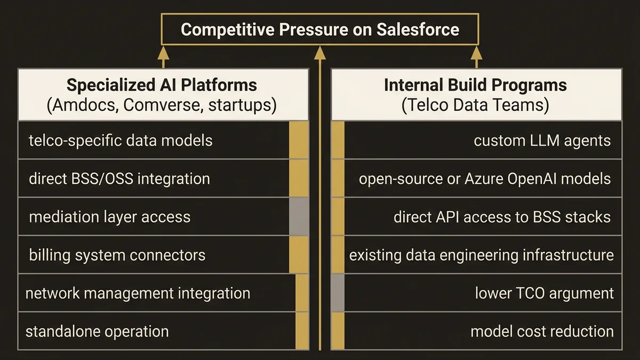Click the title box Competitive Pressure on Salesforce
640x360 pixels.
[x=319, y=29]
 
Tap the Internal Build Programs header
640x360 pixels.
[x=475, y=94]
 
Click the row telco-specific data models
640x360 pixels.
[x=121, y=140]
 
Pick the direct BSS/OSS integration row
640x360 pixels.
[x=119, y=178]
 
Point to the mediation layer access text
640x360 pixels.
[x=109, y=217]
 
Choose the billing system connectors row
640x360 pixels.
[x=117, y=255]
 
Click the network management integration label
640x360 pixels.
[x=138, y=293]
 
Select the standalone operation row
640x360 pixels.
[x=97, y=331]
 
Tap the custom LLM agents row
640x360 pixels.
[x=542, y=140]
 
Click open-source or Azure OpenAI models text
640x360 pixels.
[x=484, y=178]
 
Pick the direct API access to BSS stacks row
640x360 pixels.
[x=502, y=217]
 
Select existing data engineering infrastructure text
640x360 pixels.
[x=481, y=255]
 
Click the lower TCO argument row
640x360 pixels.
[x=544, y=293]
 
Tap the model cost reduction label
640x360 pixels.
[x=542, y=331]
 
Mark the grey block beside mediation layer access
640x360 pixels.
[x=299, y=217]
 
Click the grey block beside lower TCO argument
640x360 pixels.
[x=338, y=293]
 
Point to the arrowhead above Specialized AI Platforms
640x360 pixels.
[x=163, y=53]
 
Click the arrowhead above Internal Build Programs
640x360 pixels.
[x=475, y=53]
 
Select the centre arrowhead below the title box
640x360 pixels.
[x=319, y=53]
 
